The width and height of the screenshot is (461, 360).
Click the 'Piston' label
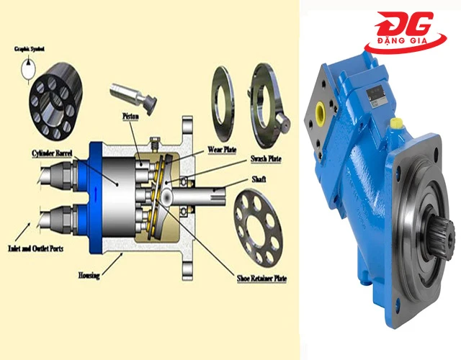point(130,117)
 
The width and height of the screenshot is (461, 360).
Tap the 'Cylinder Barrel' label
point(52,153)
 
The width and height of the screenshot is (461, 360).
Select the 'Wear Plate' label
point(222,150)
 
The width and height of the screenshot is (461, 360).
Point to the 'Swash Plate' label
point(266,159)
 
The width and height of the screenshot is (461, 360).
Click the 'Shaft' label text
point(259,179)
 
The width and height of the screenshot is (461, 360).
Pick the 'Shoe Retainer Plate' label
point(261,279)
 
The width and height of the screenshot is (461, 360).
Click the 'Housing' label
point(89,275)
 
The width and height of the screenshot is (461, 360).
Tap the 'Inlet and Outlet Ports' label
point(35,248)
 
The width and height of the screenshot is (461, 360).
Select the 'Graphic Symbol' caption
point(30,49)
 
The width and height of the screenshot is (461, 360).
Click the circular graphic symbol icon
point(28,69)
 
